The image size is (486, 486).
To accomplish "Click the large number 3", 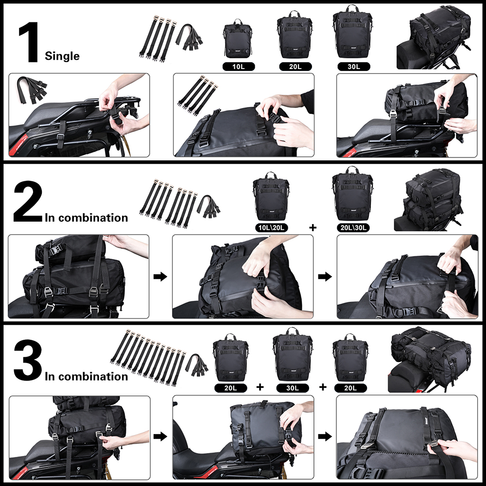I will click(x=28, y=361).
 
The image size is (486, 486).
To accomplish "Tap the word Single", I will click(x=62, y=56).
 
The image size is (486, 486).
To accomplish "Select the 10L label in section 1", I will click(x=237, y=66).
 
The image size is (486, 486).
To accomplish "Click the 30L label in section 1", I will click(x=351, y=66).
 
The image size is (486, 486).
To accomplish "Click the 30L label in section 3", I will click(x=292, y=388).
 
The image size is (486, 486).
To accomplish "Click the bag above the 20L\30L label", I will click(x=352, y=194).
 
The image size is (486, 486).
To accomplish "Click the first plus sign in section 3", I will click(x=260, y=387).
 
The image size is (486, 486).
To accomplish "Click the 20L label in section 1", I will click(x=294, y=66).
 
